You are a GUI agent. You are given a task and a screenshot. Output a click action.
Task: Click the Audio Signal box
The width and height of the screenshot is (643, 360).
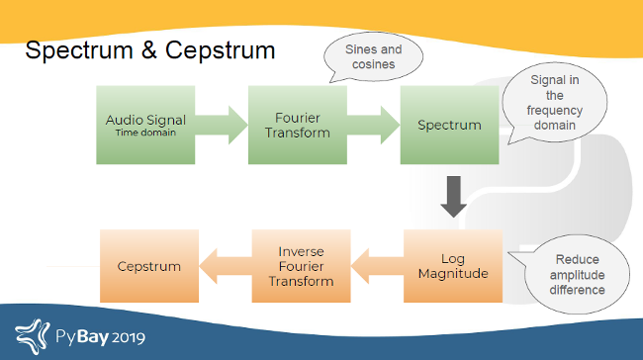click(x=145, y=125)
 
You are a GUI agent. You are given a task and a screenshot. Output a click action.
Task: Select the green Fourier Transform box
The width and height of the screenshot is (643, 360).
click(x=298, y=125)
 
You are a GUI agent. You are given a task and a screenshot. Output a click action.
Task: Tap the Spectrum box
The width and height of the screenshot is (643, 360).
click(x=449, y=125)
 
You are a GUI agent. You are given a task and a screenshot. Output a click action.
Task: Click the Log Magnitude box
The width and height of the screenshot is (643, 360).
click(x=452, y=266)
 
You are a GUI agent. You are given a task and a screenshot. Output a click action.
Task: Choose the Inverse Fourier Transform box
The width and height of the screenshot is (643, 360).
click(x=301, y=266)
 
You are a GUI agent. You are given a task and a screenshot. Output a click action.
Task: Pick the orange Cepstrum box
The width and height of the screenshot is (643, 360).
click(x=149, y=266)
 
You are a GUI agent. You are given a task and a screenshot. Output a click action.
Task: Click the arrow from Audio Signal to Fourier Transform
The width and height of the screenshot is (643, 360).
click(x=222, y=126)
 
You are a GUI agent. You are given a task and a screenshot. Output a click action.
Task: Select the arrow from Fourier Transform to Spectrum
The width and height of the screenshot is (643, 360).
click(x=374, y=126)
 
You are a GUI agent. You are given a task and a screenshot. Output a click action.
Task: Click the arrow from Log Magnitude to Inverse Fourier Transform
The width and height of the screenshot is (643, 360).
click(x=377, y=266)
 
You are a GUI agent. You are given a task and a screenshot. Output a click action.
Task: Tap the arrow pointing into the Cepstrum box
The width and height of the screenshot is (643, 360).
click(x=226, y=266)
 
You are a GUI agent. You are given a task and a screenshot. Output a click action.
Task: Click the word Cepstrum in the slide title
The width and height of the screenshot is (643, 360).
click(x=217, y=50)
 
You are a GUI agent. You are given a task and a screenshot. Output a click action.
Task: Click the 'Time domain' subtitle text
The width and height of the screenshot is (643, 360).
click(x=145, y=132)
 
